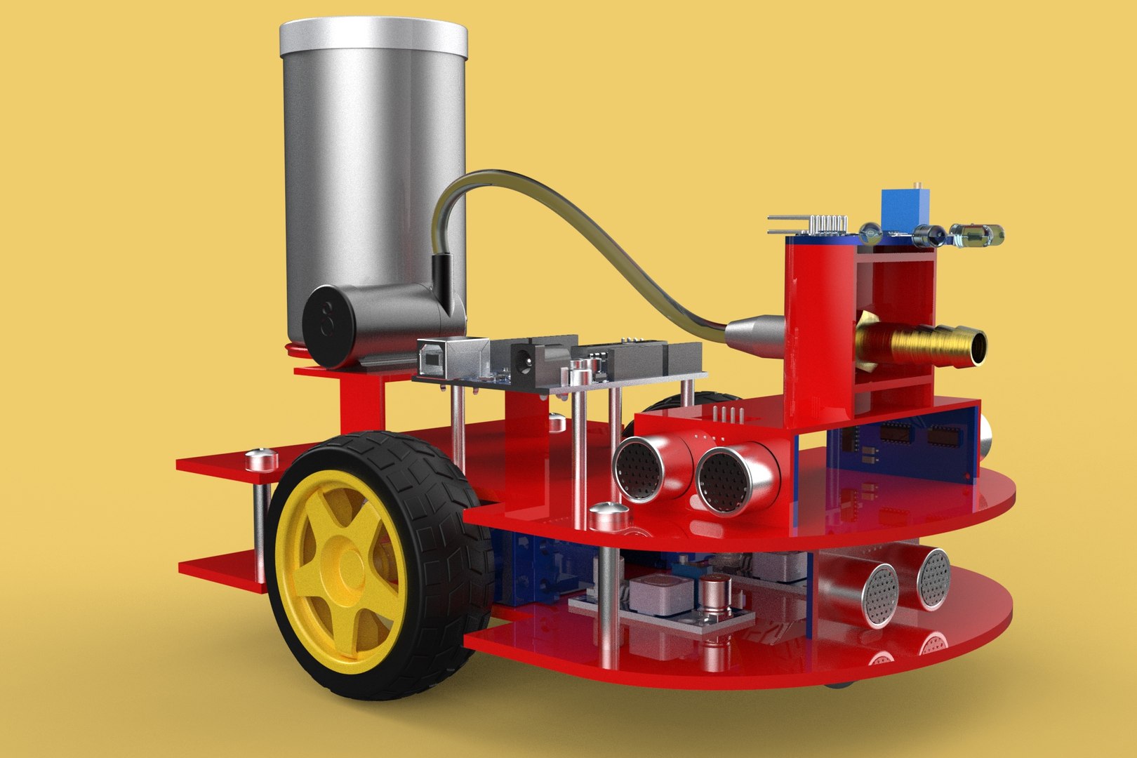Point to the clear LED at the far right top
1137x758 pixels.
[x=979, y=234]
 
